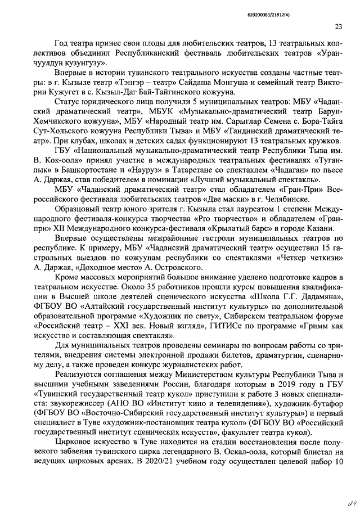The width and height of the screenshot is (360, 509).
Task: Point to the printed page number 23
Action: click(x=339, y=26)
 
